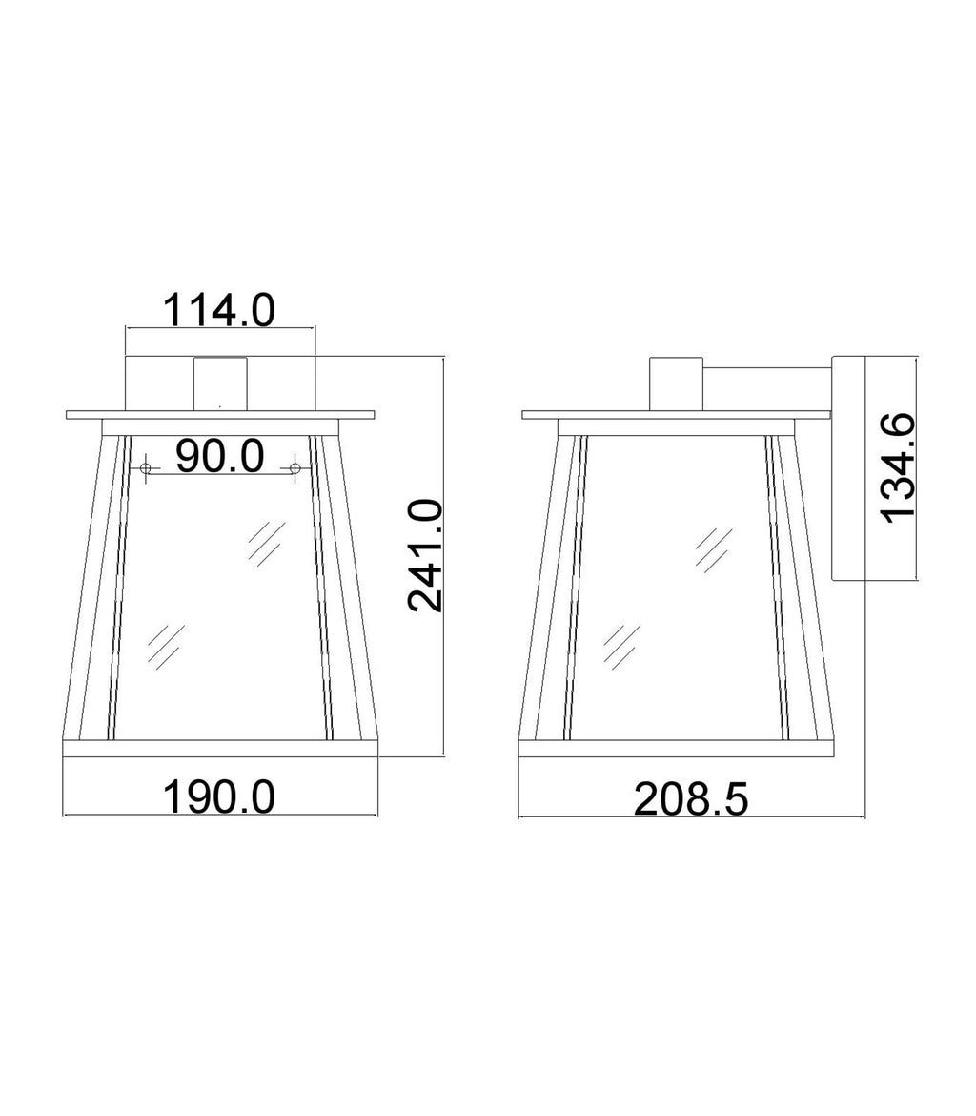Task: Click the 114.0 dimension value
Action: point(219,310)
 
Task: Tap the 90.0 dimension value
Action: point(220,457)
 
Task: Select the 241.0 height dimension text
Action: point(425,556)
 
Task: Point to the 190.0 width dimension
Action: point(219,796)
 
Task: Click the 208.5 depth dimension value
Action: point(691,799)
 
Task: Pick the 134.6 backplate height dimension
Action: point(898,467)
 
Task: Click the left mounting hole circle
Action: point(147,467)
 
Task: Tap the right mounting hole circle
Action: point(294,467)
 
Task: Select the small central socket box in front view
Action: point(220,382)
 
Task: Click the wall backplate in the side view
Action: point(848,467)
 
